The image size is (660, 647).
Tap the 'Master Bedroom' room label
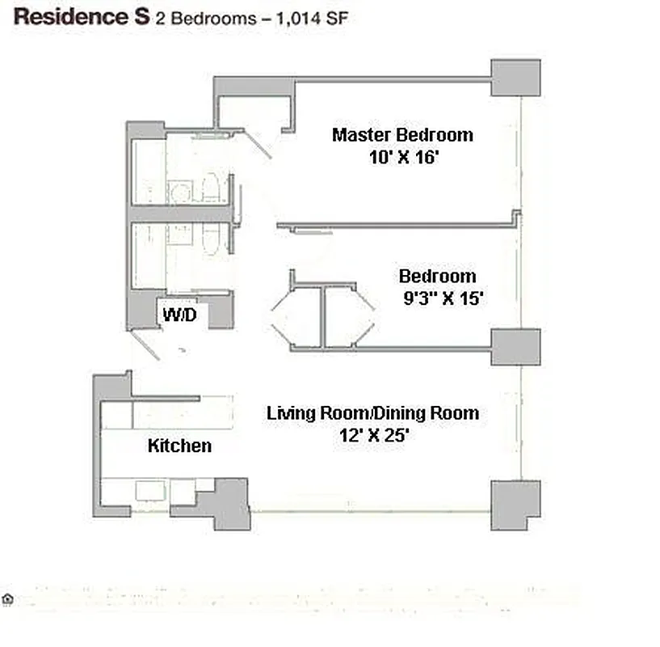tap(401, 134)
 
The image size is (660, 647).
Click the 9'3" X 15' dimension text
tap(443, 298)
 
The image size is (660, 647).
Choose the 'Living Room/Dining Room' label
tap(372, 413)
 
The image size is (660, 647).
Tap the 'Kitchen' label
tap(179, 446)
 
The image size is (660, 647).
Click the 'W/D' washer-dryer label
tap(179, 314)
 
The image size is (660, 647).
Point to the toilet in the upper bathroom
tap(209, 188)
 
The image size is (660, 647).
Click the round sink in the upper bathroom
tap(180, 192)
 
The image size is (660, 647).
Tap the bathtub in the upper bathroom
tap(148, 171)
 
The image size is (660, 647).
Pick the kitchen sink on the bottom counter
tap(149, 491)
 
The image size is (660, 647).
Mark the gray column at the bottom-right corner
tap(515, 504)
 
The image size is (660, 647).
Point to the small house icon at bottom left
tap(9, 599)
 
